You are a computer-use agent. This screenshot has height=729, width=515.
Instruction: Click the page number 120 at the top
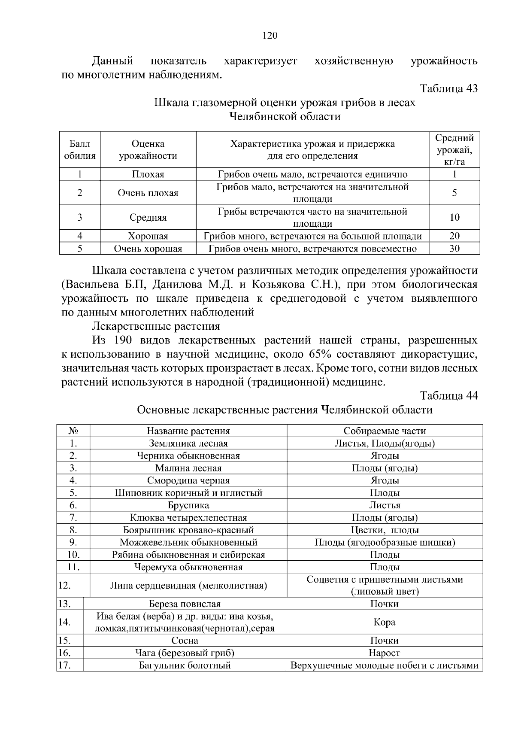[x=270, y=36]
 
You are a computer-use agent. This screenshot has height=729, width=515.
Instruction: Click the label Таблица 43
[x=448, y=88]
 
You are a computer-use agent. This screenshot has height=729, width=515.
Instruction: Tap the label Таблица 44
[x=448, y=395]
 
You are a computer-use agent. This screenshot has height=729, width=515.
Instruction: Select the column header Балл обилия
[x=80, y=150]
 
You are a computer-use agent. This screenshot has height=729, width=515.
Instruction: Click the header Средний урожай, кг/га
[x=454, y=150]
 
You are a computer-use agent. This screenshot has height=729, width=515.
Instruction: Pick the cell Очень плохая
[x=148, y=193]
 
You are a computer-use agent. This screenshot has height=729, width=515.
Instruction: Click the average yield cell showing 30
[x=454, y=249]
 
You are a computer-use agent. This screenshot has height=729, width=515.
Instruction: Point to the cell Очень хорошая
[x=148, y=249]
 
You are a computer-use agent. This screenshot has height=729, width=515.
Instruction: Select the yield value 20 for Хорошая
[x=454, y=236]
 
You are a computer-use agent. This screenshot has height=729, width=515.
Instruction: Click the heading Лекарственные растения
[x=156, y=326]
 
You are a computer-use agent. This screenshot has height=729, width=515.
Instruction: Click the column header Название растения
[x=188, y=431]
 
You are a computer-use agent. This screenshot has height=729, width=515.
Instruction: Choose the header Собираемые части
[x=385, y=431]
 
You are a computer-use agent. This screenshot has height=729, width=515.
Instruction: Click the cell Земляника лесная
[x=188, y=443]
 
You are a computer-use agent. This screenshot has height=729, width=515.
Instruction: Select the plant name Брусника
[x=188, y=505]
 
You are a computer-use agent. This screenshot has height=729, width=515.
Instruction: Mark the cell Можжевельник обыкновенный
[x=188, y=542]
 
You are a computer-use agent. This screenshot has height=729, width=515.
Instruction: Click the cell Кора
[x=385, y=622]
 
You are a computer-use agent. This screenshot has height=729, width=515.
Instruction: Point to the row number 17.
[x=64, y=665]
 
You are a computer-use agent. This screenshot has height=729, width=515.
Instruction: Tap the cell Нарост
[x=385, y=653]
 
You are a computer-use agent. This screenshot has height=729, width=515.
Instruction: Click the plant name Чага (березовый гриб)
[x=185, y=653]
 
